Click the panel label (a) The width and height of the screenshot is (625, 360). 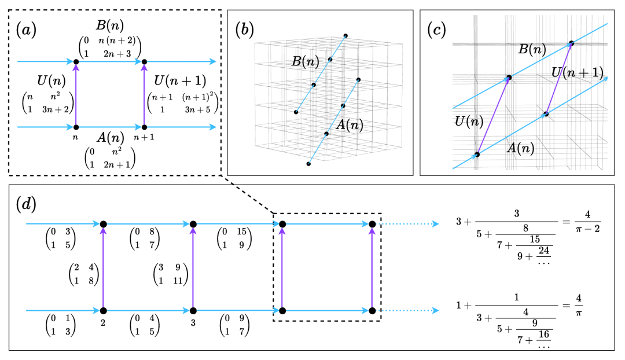tap(27, 30)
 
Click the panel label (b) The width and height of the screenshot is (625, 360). tap(245, 30)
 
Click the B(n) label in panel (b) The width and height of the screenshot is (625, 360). tap(303, 62)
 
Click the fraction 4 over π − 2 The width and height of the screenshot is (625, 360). tap(587, 221)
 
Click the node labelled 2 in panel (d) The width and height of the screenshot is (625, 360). tap(104, 311)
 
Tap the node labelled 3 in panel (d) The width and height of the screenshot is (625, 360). tap(192, 311)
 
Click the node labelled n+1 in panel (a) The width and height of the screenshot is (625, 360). tap(145, 126)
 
